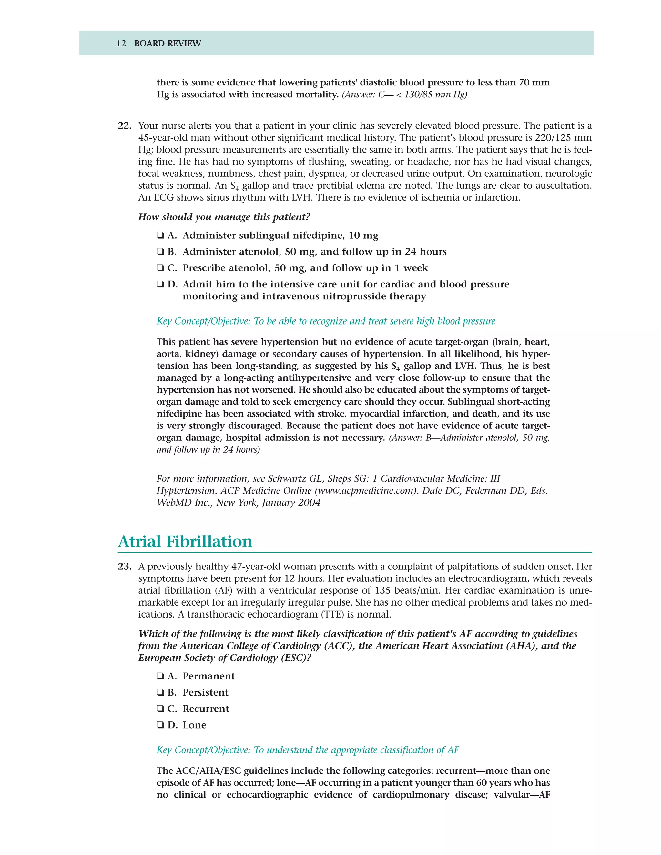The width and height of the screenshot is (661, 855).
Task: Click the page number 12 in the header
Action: pos(121,44)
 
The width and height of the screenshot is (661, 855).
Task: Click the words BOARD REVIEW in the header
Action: pos(167,44)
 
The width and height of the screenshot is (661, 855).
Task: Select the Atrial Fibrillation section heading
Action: pos(185,541)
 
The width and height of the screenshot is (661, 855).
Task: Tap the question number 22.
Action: pos(124,126)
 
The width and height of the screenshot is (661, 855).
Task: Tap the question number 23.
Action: pos(124,567)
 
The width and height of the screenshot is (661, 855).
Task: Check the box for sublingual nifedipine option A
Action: pos(160,236)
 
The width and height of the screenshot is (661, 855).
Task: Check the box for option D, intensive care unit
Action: pos(160,285)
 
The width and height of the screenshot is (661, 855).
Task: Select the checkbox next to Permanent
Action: pos(160,677)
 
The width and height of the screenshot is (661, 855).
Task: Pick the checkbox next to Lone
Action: pos(160,725)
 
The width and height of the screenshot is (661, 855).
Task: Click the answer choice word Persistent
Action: pos(205,692)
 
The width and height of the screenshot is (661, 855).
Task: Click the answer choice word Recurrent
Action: pos(206,709)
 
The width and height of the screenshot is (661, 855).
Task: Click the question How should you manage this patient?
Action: pos(224,217)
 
